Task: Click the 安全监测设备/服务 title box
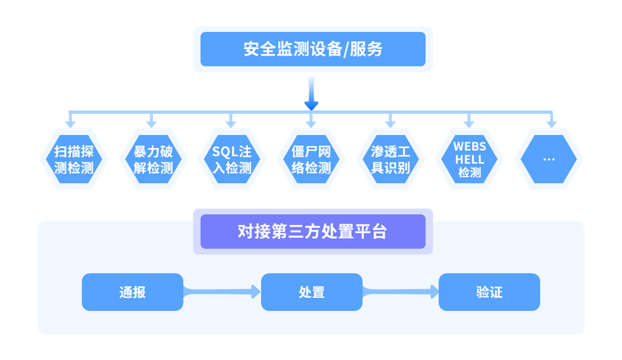(313, 49)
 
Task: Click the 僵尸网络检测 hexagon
(312, 160)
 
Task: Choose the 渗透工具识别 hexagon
(391, 160)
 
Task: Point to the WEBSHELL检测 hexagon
(470, 160)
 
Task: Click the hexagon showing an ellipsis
(549, 160)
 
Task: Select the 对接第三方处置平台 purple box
(313, 232)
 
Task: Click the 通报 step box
(132, 292)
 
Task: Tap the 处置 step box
(312, 292)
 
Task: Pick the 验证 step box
(489, 292)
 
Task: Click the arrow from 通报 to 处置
(221, 290)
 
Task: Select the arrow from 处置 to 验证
(400, 290)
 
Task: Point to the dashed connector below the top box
(310, 88)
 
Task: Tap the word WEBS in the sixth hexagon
(470, 147)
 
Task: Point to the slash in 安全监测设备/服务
(348, 49)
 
